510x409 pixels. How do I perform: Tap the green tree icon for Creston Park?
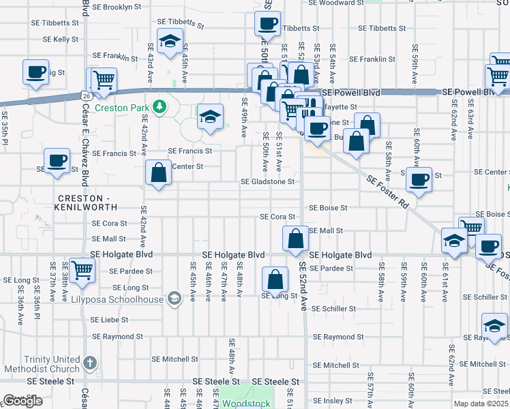click(x=159, y=106)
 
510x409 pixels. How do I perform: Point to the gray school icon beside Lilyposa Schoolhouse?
click(x=175, y=299)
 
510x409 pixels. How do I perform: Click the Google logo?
click(x=23, y=402)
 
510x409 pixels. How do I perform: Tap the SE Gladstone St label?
click(x=267, y=182)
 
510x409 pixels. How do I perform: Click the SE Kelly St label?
click(x=57, y=40)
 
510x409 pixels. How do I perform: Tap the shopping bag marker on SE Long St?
click(x=274, y=279)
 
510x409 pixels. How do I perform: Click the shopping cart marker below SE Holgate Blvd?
click(x=82, y=269)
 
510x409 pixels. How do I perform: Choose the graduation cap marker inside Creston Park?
click(x=211, y=117)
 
